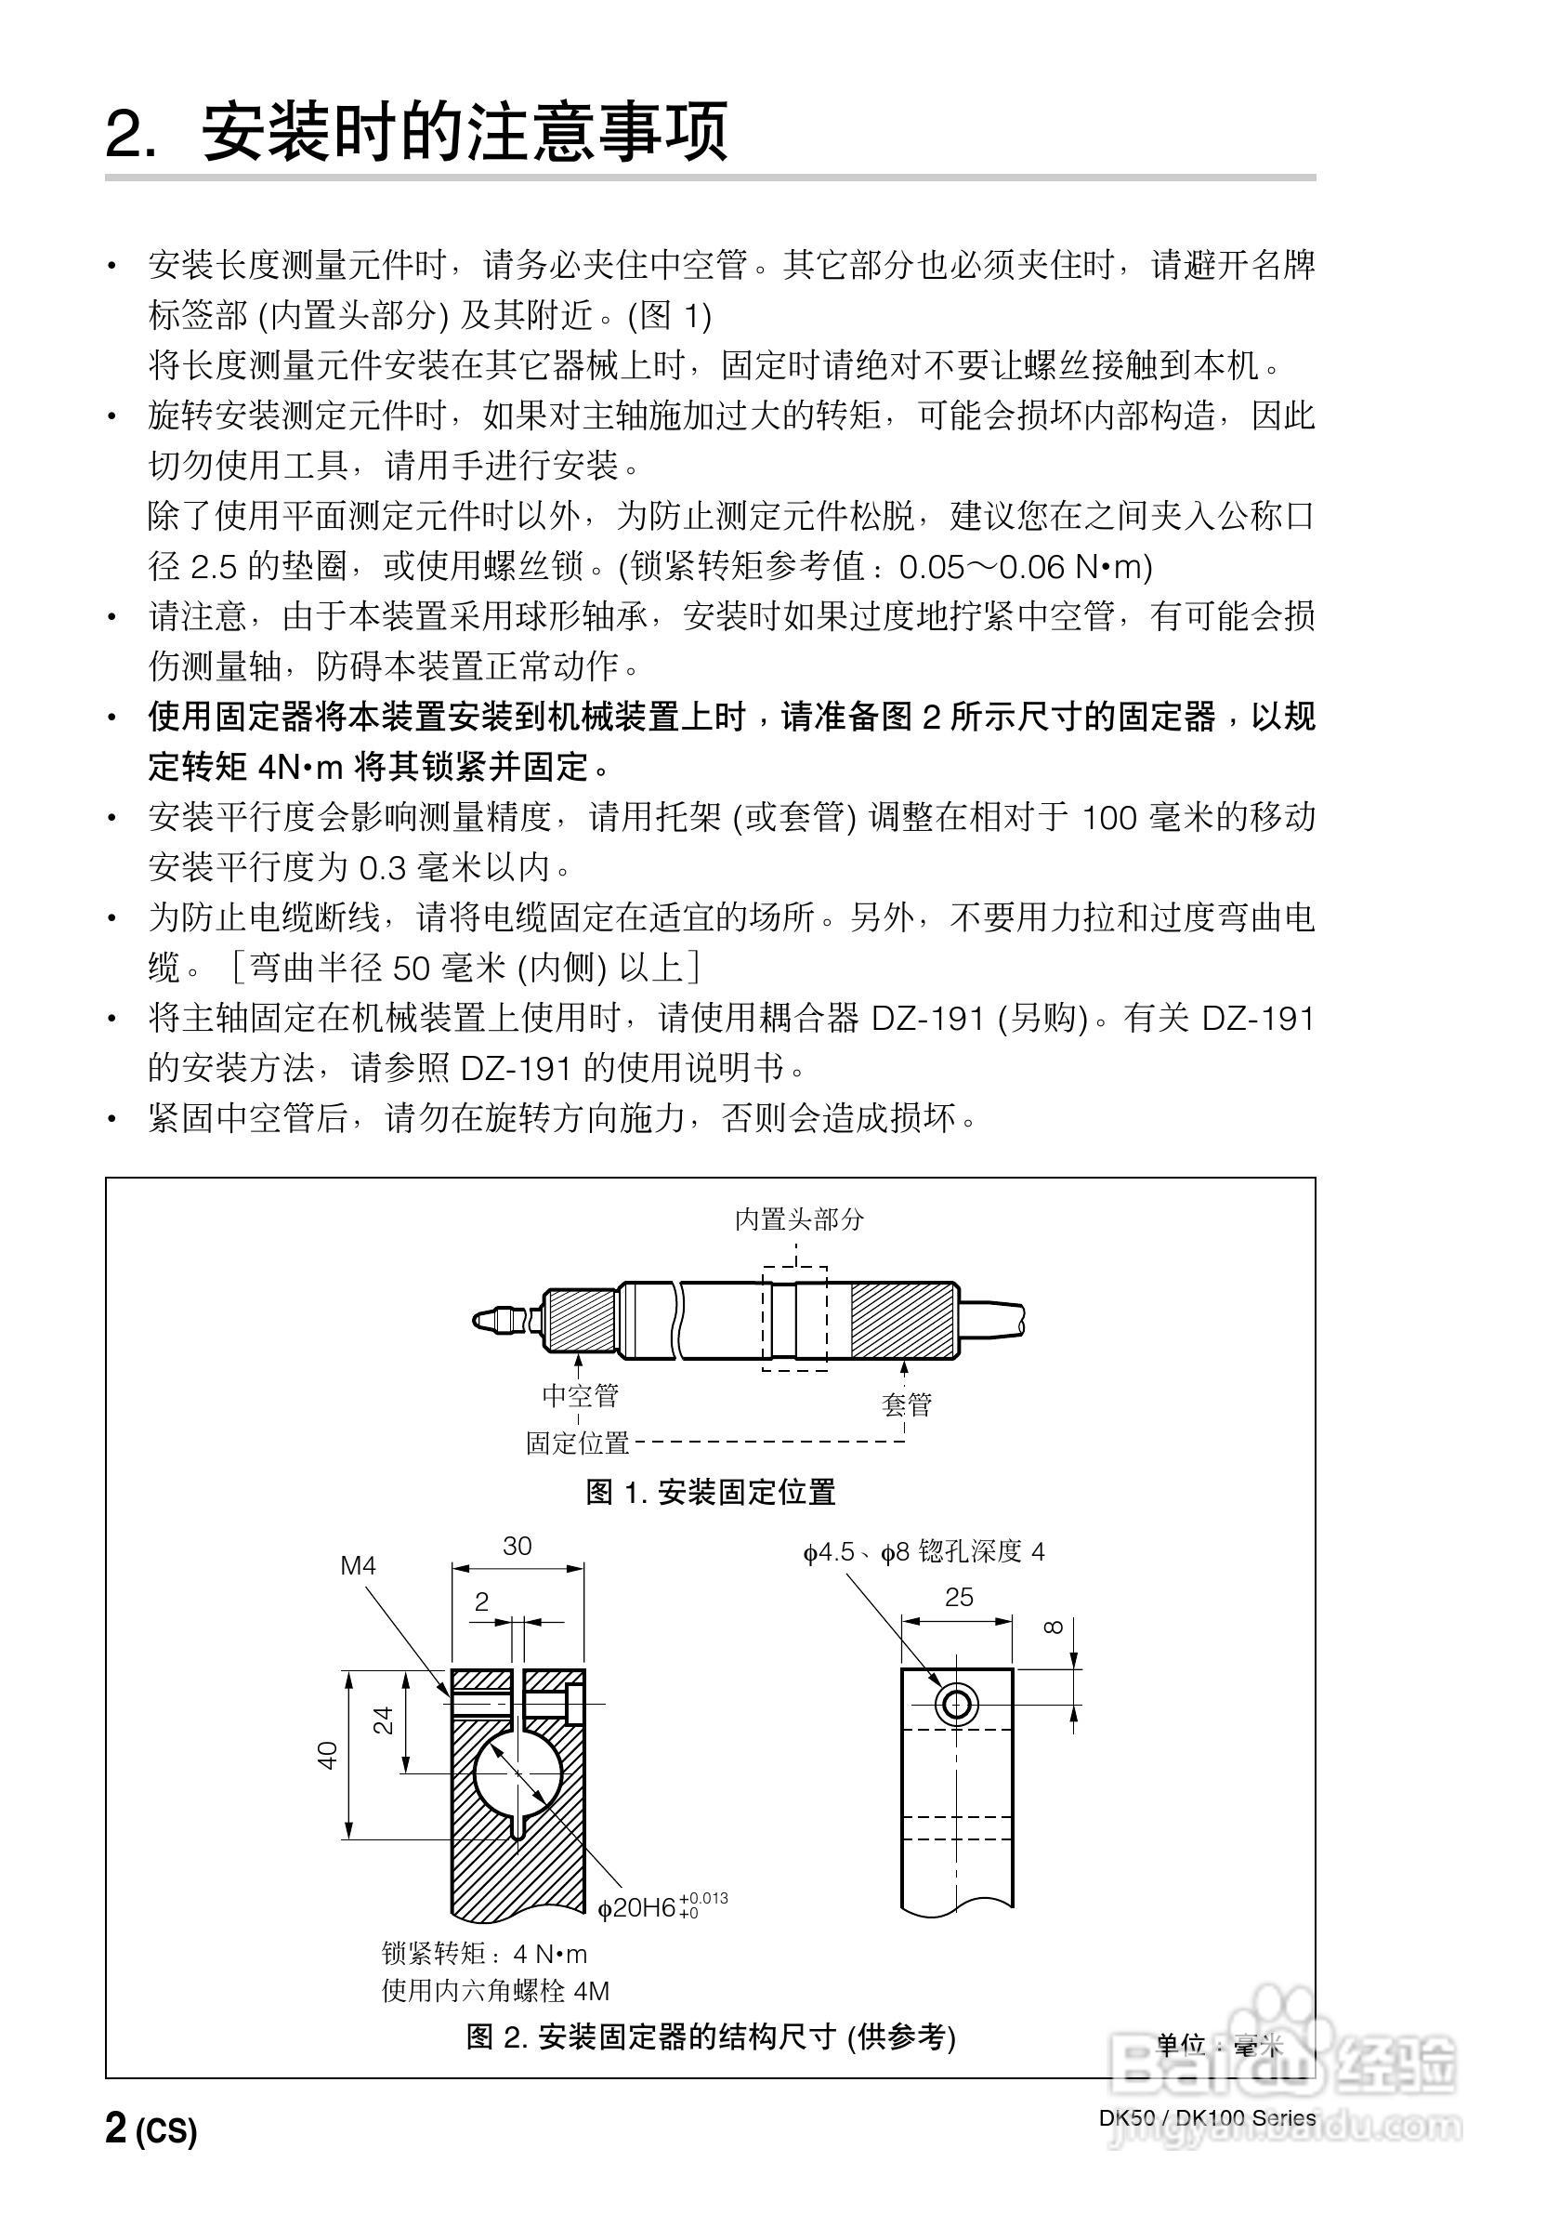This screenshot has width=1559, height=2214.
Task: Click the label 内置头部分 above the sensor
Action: coord(799,1219)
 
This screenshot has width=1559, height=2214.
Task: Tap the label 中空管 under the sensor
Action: coord(581,1395)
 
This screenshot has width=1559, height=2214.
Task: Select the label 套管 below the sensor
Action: coord(905,1404)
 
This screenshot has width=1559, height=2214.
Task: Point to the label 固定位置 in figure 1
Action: coord(578,1443)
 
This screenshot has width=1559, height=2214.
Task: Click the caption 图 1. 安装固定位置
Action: coord(711,1493)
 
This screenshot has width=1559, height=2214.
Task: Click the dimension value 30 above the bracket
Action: coord(517,1547)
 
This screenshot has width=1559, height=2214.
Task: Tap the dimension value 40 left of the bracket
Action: coord(329,1755)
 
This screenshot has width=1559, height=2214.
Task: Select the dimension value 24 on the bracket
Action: coord(385,1721)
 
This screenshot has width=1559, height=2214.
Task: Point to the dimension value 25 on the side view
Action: coord(958,1598)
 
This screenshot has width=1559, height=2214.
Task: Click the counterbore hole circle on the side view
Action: coord(956,1706)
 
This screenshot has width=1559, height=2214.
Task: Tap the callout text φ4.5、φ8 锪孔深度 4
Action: coord(924,1551)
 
